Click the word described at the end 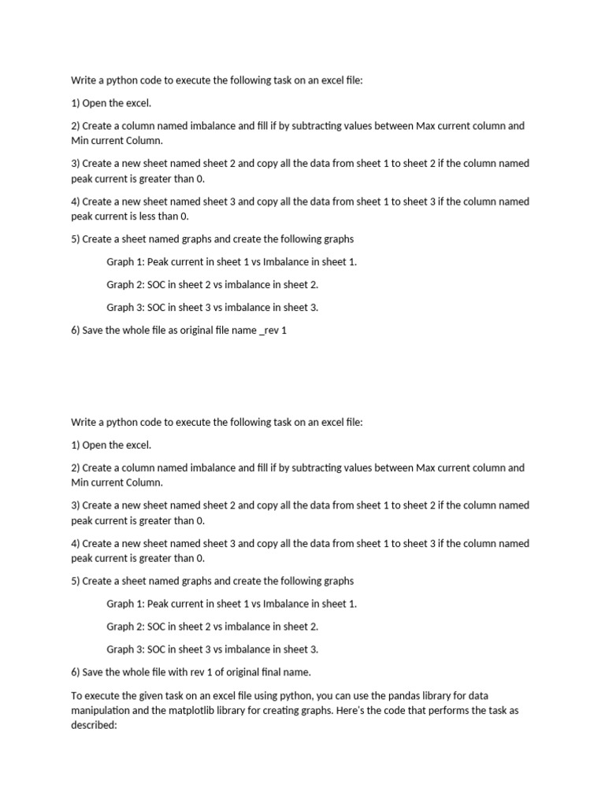(x=94, y=724)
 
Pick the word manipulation (x=101, y=710)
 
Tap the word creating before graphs (x=295, y=710)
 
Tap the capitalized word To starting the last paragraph (x=76, y=696)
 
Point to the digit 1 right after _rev (x=284, y=331)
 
